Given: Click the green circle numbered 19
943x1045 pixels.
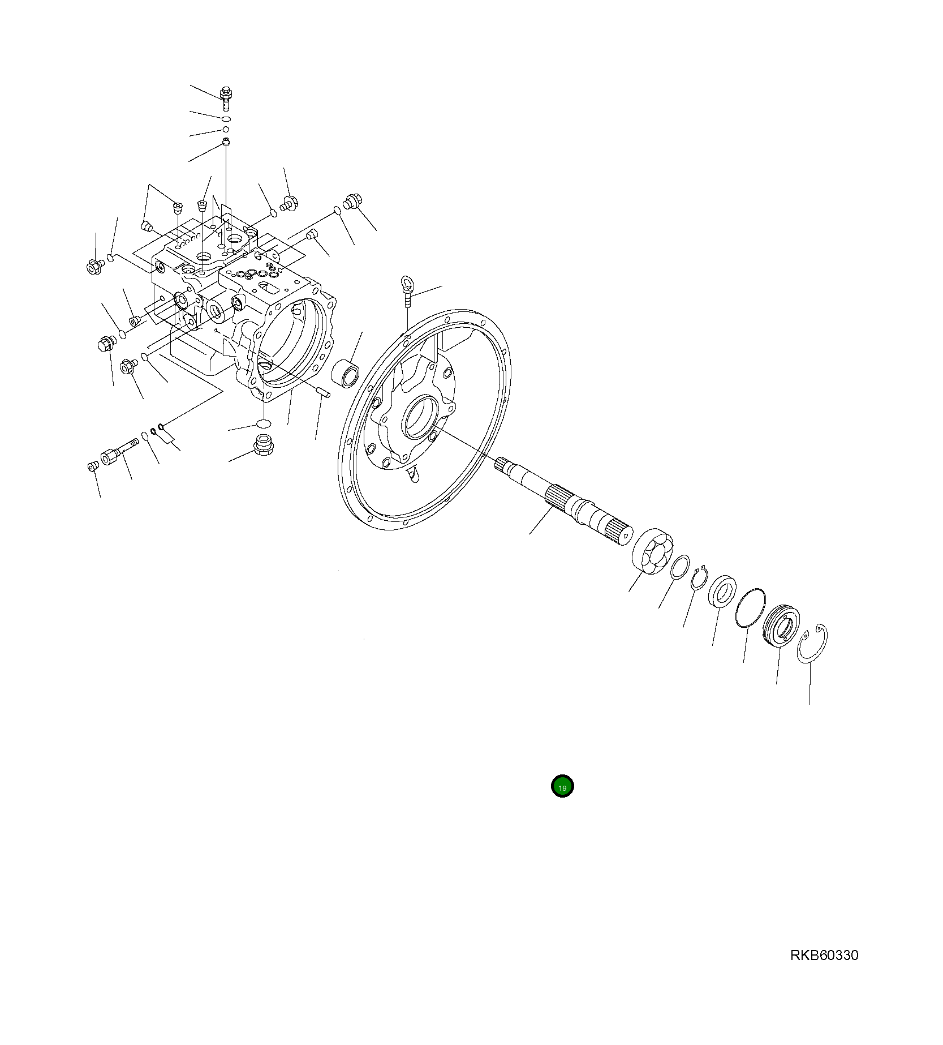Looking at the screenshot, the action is click(562, 786).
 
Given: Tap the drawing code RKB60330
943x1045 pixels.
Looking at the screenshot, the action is click(824, 956).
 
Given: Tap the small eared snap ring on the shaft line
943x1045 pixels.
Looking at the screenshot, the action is click(700, 579).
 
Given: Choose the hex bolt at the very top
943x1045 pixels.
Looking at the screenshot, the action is click(226, 98).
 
